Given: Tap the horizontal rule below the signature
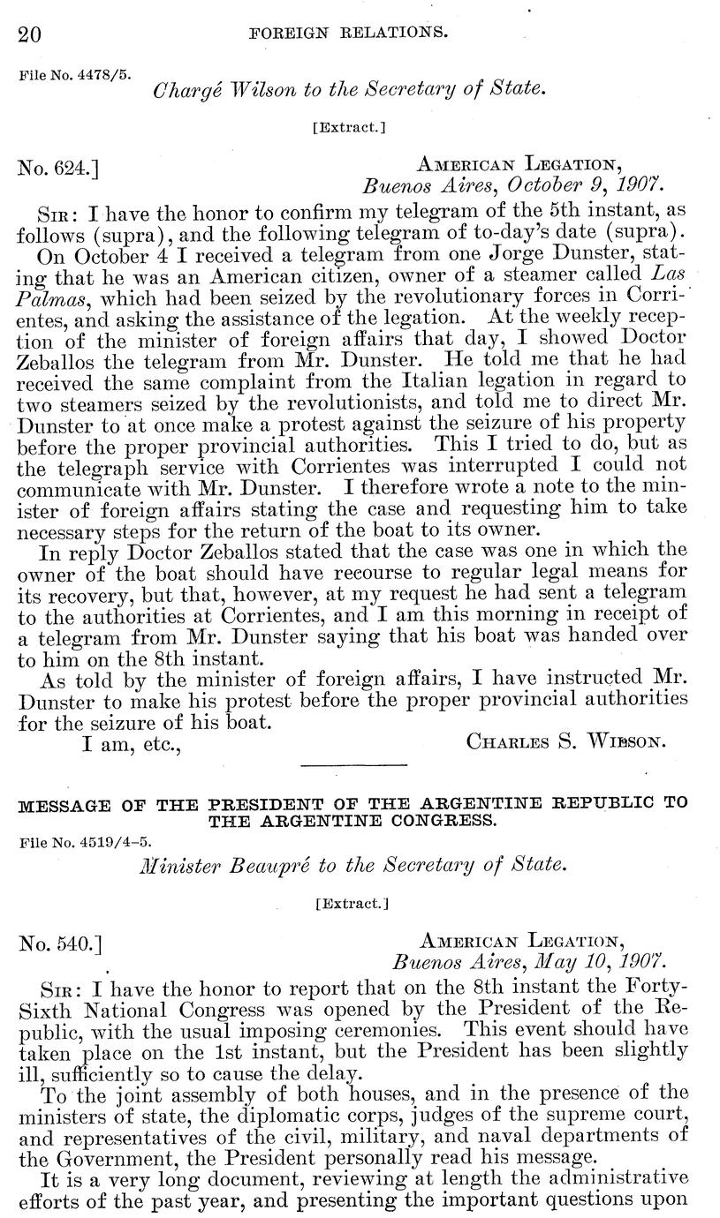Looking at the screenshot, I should [x=353, y=765].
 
